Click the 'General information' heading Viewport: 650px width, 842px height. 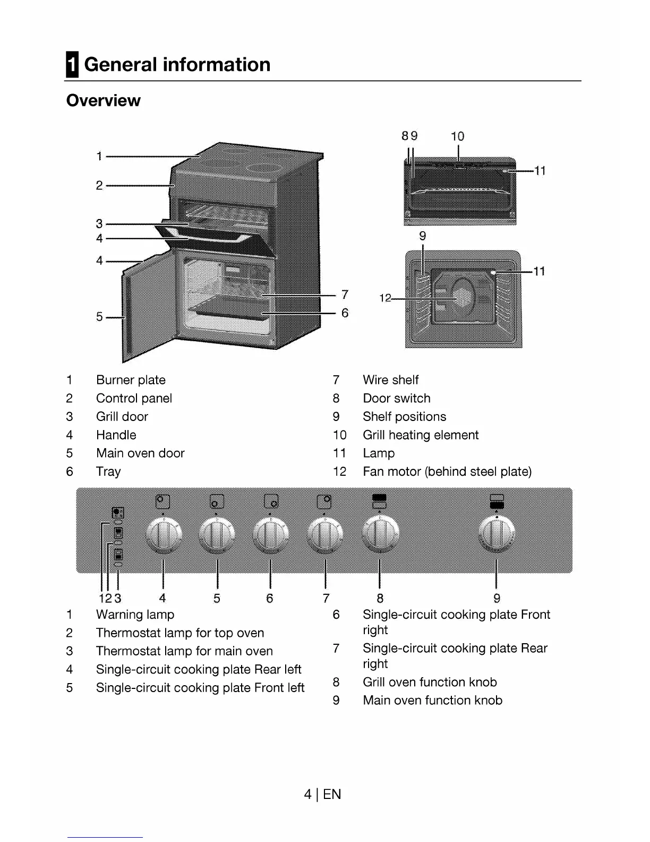[177, 65]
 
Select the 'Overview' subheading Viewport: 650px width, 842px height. [103, 100]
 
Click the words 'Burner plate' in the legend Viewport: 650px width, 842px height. [131, 380]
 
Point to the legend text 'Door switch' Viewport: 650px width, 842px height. [396, 398]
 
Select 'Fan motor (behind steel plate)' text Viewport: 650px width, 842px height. [447, 471]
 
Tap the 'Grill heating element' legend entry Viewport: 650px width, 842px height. [420, 435]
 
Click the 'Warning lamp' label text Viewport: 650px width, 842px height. [135, 614]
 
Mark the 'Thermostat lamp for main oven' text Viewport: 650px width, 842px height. [184, 651]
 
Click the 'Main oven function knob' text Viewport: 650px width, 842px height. [432, 700]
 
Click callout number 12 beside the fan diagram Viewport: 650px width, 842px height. [385, 298]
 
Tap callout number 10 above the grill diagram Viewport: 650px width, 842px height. [457, 137]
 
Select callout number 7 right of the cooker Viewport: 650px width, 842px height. [345, 294]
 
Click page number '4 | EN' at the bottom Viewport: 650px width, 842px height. [322, 794]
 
